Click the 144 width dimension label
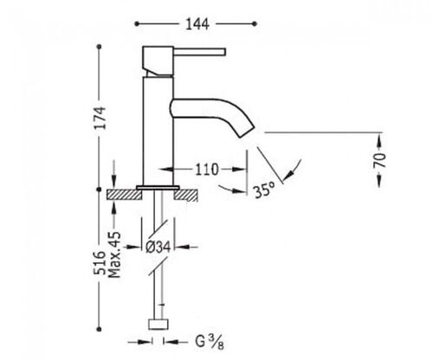pyautogui.click(x=197, y=24)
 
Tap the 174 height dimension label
pyautogui.click(x=100, y=118)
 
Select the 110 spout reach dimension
pyautogui.click(x=207, y=170)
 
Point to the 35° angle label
pyautogui.click(x=264, y=190)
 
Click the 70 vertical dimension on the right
pyautogui.click(x=379, y=160)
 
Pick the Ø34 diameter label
pyautogui.click(x=158, y=247)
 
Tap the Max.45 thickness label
pyautogui.click(x=114, y=254)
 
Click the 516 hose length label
pyautogui.click(x=100, y=262)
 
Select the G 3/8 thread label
pyautogui.click(x=210, y=343)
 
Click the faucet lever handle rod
pyautogui.click(x=199, y=52)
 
